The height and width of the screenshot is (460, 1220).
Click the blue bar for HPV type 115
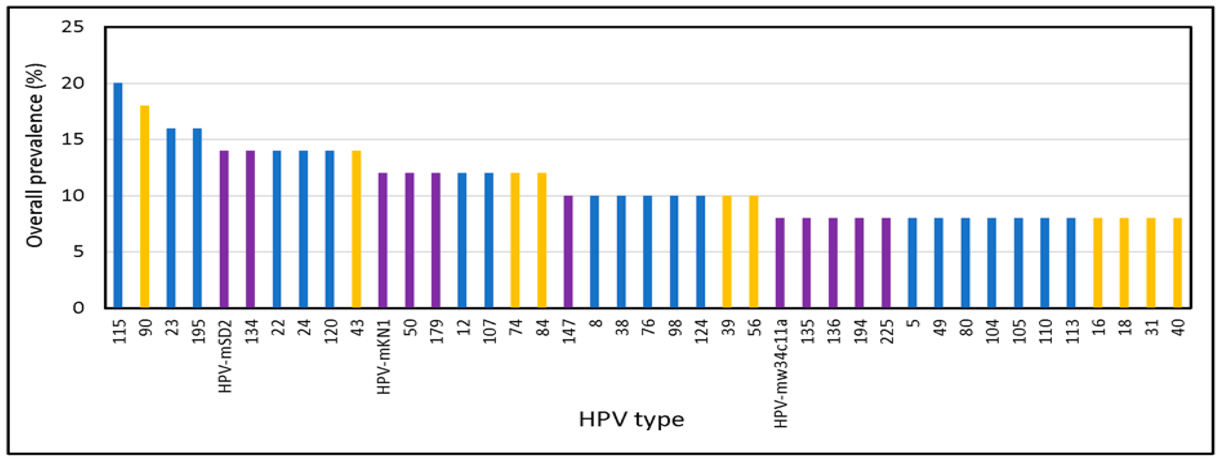tap(118, 195)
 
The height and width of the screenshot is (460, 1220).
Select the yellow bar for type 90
tap(145, 207)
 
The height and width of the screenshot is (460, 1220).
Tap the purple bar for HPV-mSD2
tap(224, 229)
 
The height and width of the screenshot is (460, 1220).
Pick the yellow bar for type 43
tap(356, 229)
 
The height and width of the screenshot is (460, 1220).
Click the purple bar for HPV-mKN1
tap(383, 240)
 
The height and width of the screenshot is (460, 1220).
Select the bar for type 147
tap(568, 251)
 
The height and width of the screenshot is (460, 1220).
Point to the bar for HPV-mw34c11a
tap(780, 263)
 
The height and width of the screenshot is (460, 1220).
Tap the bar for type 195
tap(198, 218)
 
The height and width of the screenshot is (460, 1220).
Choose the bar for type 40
tap(1177, 263)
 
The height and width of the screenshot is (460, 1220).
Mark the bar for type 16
tap(1098, 263)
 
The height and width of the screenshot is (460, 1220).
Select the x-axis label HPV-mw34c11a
tap(780, 373)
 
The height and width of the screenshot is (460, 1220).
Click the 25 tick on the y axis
tap(72, 27)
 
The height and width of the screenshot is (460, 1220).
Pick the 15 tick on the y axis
tap(72, 139)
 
